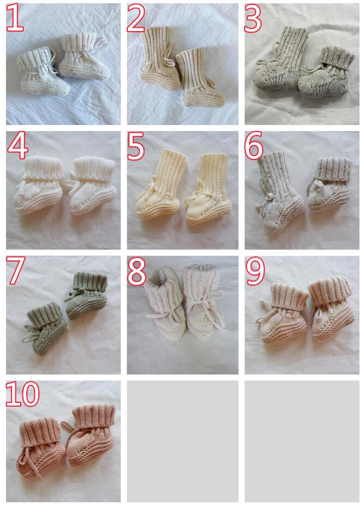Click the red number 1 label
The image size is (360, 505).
pos(15,18)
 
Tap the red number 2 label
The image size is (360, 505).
pos(135,18)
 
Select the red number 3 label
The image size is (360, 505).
pos(253,18)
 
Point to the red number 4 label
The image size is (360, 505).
pos(17,146)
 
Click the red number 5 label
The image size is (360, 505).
pos(135,146)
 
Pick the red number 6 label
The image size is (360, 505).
pos(253,146)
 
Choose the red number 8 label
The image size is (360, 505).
pos(137,271)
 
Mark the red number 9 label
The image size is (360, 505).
pos(255,271)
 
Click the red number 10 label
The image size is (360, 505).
pos(22,393)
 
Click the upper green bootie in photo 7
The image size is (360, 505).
pos(86,295)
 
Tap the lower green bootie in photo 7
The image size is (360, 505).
pos(45,328)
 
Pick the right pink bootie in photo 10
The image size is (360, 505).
pos(91,431)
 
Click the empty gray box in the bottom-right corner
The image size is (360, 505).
pos(302,441)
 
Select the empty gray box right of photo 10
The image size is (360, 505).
pos(182,441)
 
